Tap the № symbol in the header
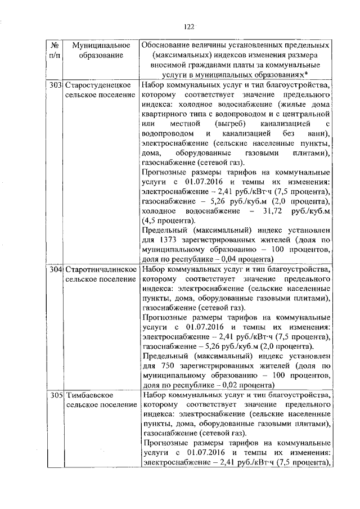55,44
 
